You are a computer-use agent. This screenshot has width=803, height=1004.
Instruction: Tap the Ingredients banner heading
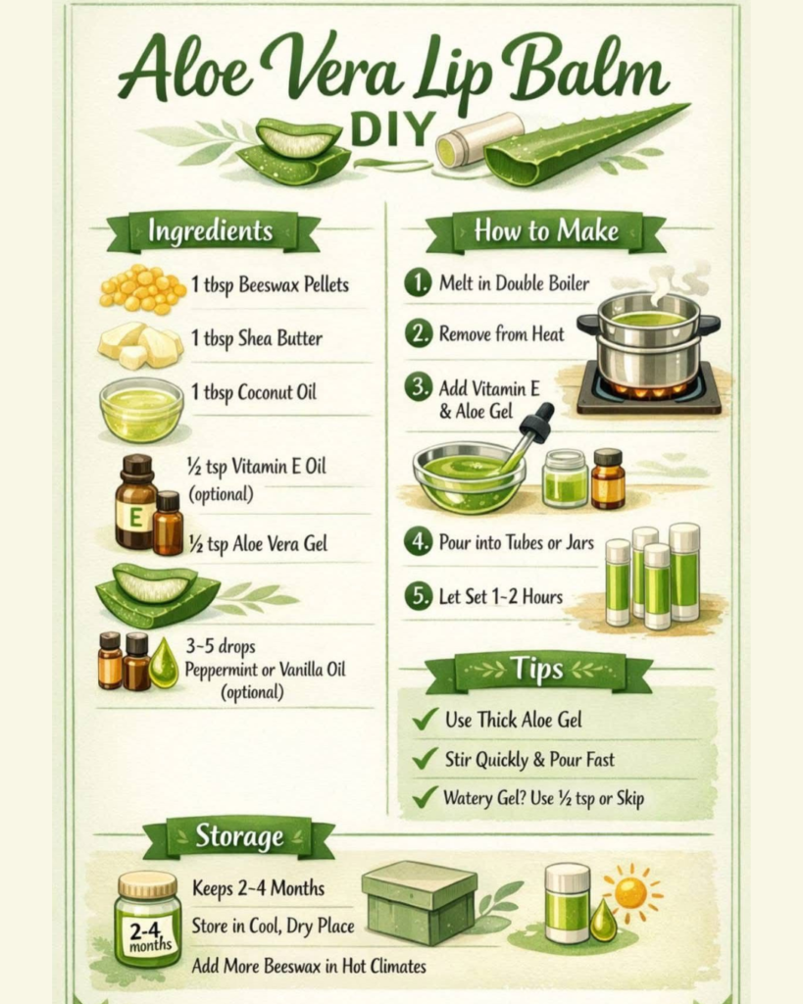211,231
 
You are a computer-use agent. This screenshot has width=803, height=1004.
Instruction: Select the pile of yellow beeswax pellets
143,289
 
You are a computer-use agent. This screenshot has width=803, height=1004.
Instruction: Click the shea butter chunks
140,344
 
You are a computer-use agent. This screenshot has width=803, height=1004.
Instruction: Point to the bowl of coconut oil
141,409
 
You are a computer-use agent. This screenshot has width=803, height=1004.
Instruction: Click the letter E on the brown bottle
135,516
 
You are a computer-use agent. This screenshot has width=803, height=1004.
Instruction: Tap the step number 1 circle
418,282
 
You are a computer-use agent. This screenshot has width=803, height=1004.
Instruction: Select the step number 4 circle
418,542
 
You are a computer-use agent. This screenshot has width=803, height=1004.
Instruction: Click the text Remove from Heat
501,333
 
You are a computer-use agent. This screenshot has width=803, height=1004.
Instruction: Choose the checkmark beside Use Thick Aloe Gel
426,718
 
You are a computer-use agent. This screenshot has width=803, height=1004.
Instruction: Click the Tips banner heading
537,670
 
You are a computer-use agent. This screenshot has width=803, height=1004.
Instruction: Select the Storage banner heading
239,837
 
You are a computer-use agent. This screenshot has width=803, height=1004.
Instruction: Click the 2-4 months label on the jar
150,935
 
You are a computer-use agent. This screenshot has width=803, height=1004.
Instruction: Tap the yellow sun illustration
631,892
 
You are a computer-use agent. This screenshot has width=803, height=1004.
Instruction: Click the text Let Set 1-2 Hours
501,597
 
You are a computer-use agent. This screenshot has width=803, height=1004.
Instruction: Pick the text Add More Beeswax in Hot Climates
309,965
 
